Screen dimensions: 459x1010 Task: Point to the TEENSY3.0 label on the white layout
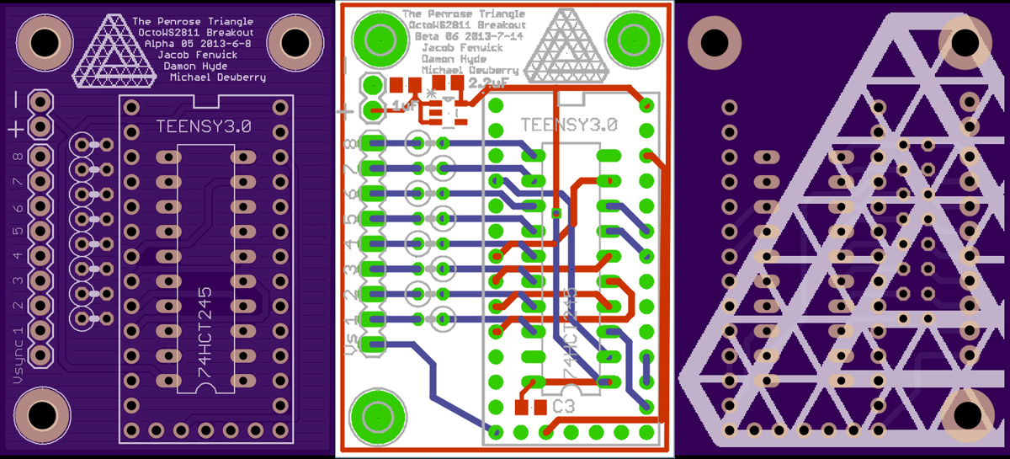point(569,125)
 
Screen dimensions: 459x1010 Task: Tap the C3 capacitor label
point(564,407)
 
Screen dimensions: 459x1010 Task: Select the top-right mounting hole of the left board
point(295,39)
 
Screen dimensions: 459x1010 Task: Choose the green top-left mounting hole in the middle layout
point(374,37)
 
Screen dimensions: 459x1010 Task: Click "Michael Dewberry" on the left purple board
point(218,77)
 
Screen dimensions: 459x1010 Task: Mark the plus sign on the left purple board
point(16,129)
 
